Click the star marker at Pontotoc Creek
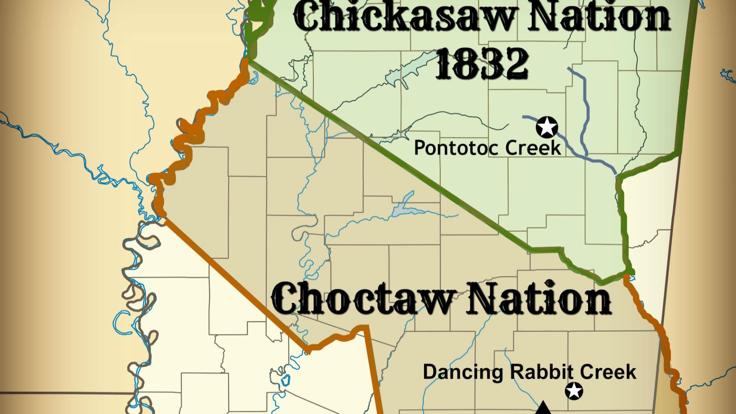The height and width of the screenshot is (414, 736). tap(547, 127)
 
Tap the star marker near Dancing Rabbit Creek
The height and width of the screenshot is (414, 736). tap(574, 391)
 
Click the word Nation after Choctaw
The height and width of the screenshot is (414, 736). tap(538, 298)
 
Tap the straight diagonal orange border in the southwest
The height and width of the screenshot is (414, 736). tap(238, 284)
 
